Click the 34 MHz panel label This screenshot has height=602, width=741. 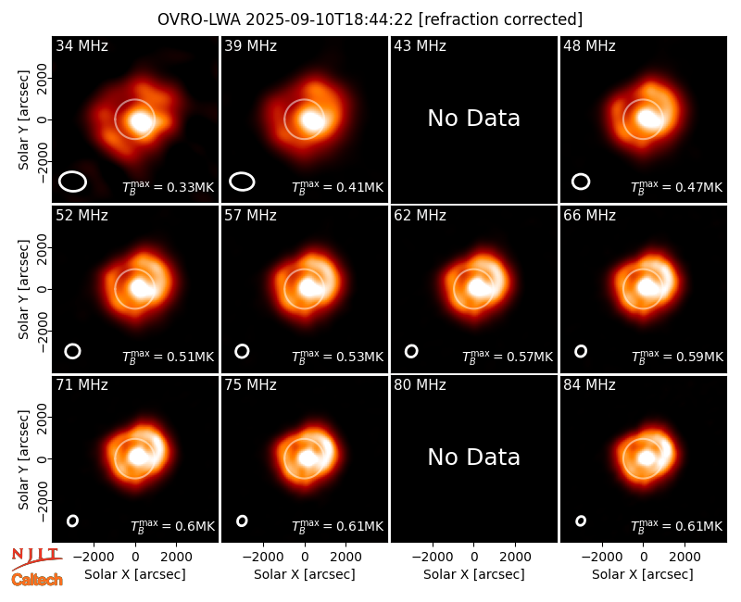coord(82,45)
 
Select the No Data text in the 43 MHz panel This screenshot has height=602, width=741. coord(474,119)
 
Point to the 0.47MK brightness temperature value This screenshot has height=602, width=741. coord(676,187)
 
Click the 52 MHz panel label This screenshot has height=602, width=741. coord(82,216)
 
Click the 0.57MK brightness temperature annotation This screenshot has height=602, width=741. coord(507,357)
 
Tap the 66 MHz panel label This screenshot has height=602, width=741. coord(589,216)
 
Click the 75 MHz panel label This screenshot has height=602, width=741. coord(250,385)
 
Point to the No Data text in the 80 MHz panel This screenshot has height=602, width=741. coord(474,458)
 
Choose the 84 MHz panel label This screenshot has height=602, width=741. coord(589,385)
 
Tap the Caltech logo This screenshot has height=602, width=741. coord(37,580)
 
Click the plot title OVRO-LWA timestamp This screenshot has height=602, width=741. coord(370,19)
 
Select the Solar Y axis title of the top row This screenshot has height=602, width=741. coord(23,120)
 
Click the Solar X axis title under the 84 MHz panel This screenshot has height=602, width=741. coord(643,574)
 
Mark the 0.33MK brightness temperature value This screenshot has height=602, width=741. coord(169,187)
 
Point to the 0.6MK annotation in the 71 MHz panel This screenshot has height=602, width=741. coord(172,526)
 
